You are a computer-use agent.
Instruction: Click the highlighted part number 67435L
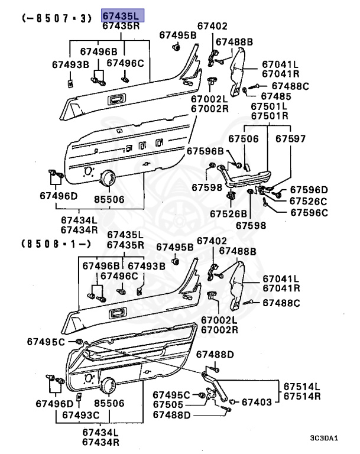coord(121,16)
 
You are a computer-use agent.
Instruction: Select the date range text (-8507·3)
coord(57,18)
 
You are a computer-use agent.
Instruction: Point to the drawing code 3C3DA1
coord(324,438)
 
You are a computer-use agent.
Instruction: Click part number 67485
coord(276,96)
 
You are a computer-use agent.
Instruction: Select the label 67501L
coord(270,106)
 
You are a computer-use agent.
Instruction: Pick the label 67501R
coord(270,115)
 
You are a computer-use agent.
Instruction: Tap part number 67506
coord(244,139)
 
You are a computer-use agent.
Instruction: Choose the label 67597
coord(291,139)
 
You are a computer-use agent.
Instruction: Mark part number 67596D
coord(309,190)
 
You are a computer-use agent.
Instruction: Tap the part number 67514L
coord(300,385)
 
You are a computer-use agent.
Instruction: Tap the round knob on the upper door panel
coord(108,177)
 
